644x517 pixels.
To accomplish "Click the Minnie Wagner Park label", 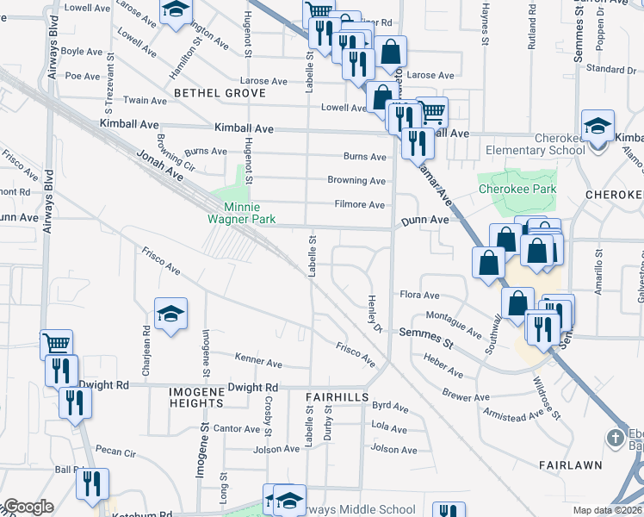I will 250,213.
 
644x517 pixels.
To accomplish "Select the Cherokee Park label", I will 517,189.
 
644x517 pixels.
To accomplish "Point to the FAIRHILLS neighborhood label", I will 337,396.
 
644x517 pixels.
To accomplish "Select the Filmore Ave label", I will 360,205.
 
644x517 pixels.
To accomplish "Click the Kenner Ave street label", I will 258,364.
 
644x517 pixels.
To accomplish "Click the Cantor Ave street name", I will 237,428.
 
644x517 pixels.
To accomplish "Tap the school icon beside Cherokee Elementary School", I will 598,126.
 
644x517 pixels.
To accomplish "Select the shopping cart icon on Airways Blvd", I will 56,345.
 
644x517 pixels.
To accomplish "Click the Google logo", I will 28,507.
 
